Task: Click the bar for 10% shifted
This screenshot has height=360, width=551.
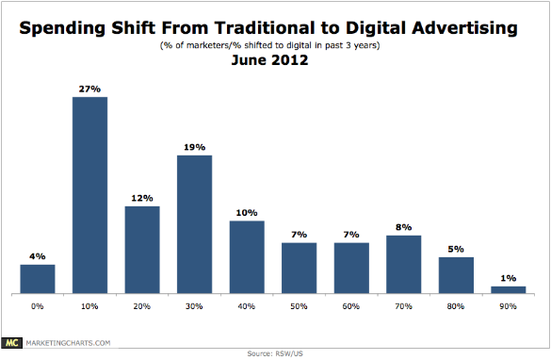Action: click(89, 195)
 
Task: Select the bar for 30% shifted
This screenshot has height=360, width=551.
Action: click(194, 224)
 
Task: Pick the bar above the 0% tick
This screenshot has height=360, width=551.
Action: click(38, 279)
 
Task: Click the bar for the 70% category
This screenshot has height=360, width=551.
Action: click(404, 265)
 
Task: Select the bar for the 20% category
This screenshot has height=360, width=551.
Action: click(142, 250)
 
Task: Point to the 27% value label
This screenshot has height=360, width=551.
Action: click(89, 88)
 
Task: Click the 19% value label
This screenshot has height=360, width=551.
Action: click(194, 146)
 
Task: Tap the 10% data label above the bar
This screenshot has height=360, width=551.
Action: click(247, 212)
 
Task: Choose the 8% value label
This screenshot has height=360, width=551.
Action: click(404, 226)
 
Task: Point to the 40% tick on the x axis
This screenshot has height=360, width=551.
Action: click(247, 307)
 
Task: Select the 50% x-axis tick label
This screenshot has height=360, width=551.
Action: click(300, 307)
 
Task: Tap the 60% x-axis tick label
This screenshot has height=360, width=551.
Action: click(351, 307)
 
